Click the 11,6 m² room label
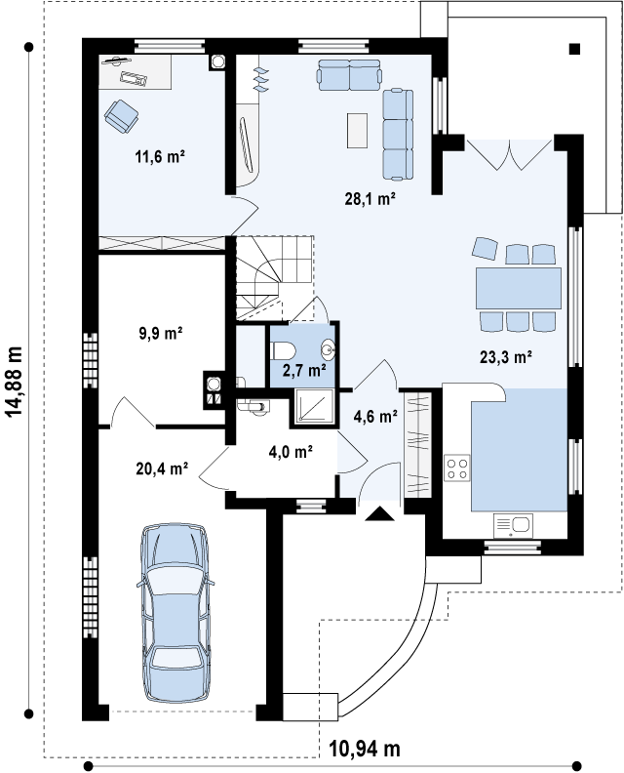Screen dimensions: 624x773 point(160,157)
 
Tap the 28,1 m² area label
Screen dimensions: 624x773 point(370,199)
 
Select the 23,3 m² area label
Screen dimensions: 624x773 point(506,356)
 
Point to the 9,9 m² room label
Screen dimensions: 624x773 point(161,333)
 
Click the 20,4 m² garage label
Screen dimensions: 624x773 point(162,468)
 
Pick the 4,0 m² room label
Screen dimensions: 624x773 point(292,451)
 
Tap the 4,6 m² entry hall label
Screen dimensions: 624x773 point(375,417)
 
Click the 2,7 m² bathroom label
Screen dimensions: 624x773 point(304,370)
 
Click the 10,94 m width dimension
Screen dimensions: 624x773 point(365,750)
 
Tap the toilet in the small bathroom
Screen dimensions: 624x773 point(284,351)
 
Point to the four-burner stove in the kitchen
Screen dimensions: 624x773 point(457,468)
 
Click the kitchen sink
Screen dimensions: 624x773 point(513,525)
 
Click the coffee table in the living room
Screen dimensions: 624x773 point(357,130)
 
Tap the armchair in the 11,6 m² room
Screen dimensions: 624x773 point(121,116)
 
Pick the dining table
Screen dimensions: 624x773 point(519,288)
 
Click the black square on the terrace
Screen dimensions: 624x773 point(574,49)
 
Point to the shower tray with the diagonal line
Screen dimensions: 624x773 point(315,406)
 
